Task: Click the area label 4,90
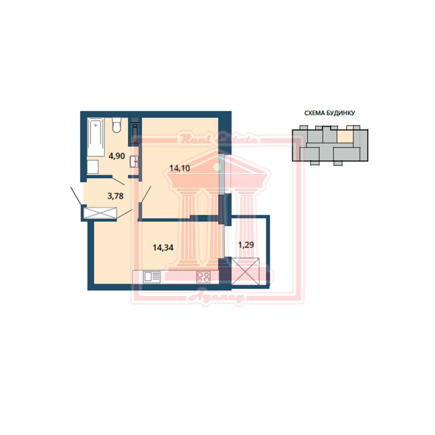point(117,156)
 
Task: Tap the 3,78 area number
point(115,196)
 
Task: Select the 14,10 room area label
point(180,168)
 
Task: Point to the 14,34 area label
point(163,247)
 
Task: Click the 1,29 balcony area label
point(246,244)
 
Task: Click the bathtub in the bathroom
point(96,137)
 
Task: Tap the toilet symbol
point(117,125)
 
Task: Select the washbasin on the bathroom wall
point(134,161)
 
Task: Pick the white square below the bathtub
point(93,167)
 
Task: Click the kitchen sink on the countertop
point(152,277)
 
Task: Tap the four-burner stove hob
point(203,277)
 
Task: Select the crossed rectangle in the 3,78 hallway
point(100,213)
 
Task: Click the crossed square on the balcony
point(245,271)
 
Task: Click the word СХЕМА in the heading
point(315,113)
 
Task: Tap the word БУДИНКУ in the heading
point(341,113)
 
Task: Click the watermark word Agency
point(217,298)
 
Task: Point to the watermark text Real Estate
point(219,139)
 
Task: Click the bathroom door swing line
point(118,181)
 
